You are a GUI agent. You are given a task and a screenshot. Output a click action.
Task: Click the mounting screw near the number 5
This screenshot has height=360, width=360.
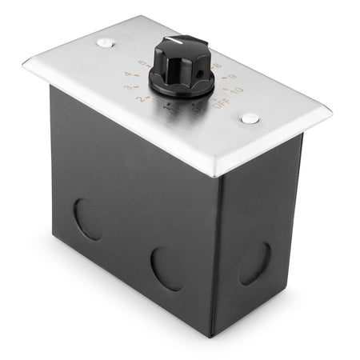coord(104,42)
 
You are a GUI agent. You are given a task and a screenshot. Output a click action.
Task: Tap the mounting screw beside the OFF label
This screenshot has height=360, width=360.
coord(250,118)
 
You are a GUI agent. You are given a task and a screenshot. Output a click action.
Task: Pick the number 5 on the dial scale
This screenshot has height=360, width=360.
coord(143,63)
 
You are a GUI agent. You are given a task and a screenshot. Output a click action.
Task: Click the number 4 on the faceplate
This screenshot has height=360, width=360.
coord(128,75)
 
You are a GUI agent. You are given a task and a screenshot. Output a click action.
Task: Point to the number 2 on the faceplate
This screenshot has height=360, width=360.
coord(142,98)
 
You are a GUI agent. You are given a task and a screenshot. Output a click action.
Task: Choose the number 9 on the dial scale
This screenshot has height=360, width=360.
coord(232,78)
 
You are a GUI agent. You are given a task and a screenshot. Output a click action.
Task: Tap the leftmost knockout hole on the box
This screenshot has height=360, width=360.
coord(89,219)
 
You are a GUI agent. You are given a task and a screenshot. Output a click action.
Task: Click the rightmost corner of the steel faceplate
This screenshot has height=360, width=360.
coord(331,111)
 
